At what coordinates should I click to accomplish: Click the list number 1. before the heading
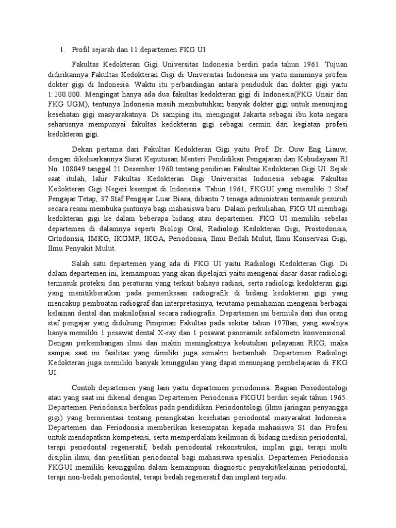(x=62, y=49)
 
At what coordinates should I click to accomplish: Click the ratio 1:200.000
(x=65, y=94)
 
